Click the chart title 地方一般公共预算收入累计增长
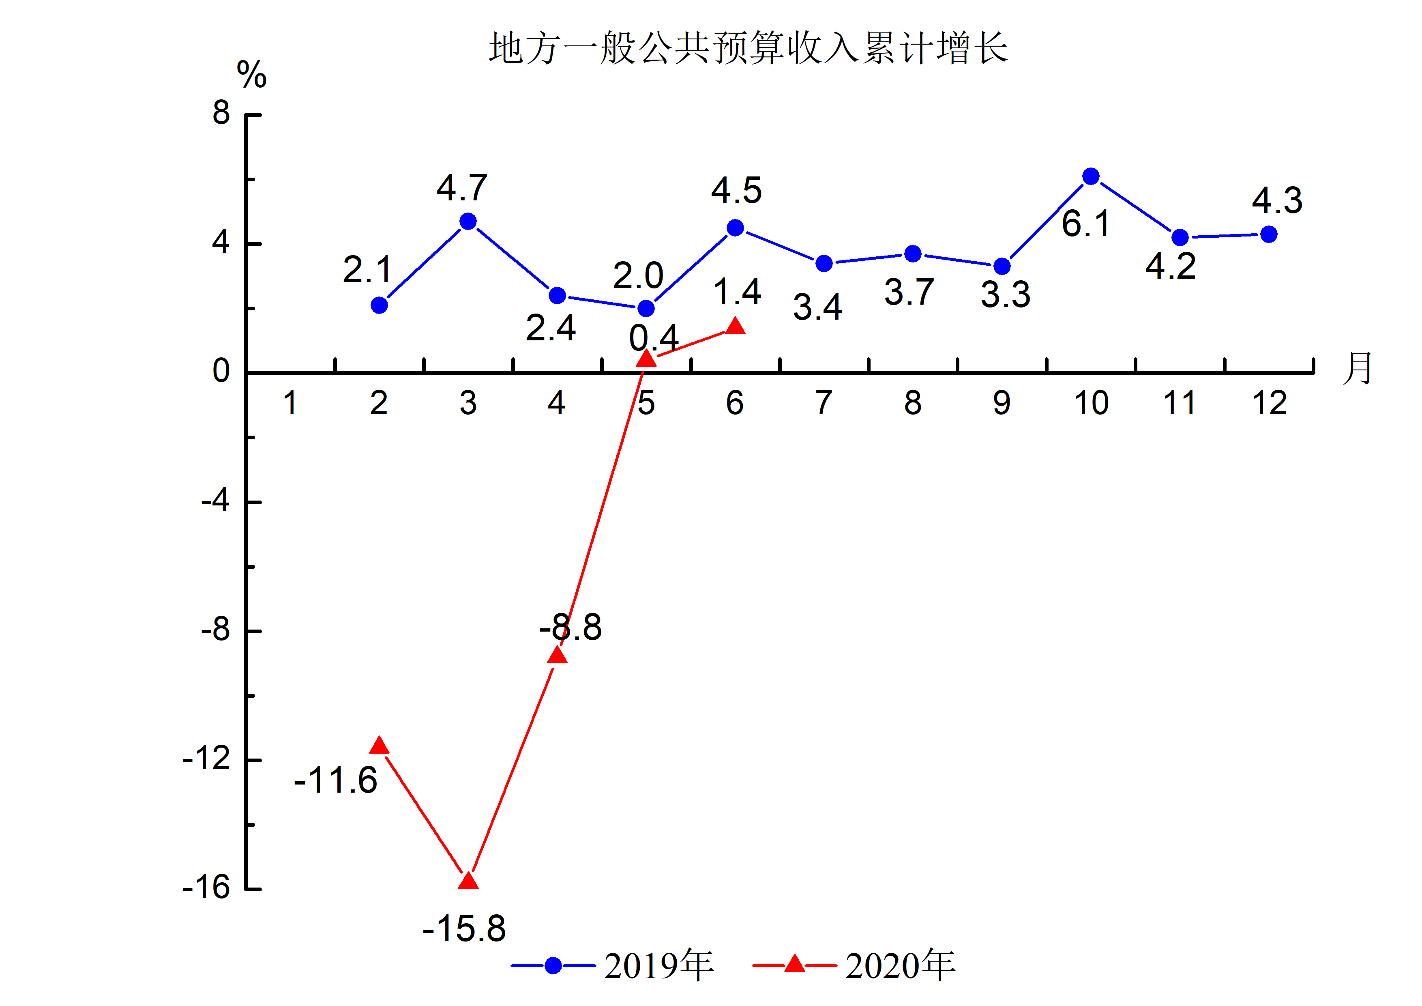(x=748, y=48)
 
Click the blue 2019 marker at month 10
(x=1091, y=176)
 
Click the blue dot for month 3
(x=468, y=221)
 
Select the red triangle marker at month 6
(x=735, y=326)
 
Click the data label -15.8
(x=464, y=929)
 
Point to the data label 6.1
(x=1086, y=224)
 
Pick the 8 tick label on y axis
(x=221, y=113)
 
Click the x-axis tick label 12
(x=1269, y=403)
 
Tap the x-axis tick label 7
(x=823, y=403)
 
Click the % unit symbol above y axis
(x=251, y=75)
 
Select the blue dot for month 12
(x=1268, y=234)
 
